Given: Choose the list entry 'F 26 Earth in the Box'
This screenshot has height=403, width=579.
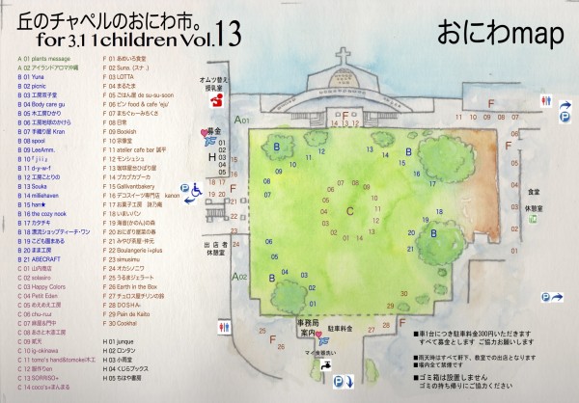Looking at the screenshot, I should point(134,285).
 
